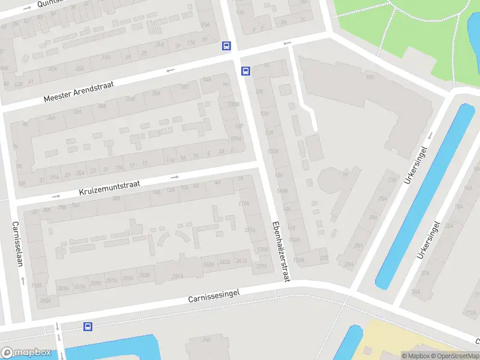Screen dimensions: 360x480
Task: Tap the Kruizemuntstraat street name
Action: coord(109,188)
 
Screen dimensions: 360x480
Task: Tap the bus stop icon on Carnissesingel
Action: coord(88,326)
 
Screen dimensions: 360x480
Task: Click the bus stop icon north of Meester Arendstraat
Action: coord(226,46)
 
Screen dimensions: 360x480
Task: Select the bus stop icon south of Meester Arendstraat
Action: coord(245,71)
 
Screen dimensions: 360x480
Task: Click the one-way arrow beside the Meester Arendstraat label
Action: coord(170,70)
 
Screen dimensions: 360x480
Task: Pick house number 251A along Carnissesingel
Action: coord(178,276)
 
